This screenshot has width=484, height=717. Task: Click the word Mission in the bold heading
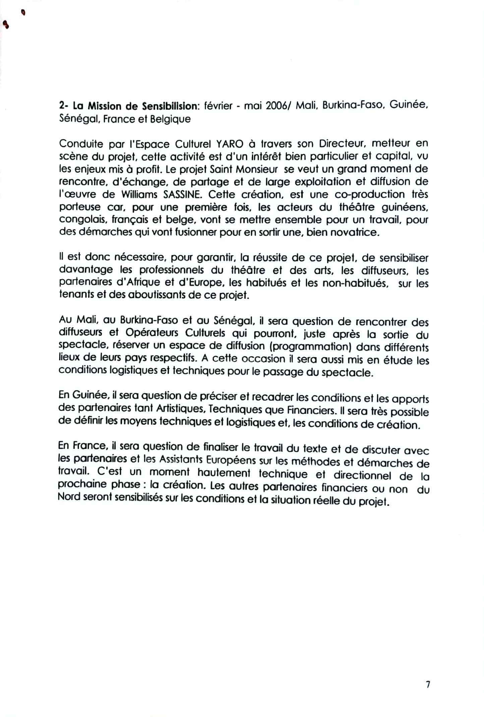coord(104,106)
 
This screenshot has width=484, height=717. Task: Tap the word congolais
coord(82,220)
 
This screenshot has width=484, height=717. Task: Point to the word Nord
coord(68,496)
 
